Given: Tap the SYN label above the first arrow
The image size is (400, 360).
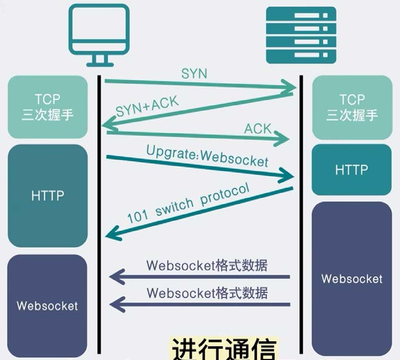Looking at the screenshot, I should pos(195,74).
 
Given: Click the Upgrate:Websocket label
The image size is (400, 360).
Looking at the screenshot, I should pos(207,156).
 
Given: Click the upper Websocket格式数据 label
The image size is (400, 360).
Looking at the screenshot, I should pos(207,265).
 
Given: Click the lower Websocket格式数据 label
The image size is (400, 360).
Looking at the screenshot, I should pos(207,293).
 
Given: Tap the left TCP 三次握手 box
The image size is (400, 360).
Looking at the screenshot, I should pos(48,108).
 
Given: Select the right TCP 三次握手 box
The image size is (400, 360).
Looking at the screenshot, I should pos(352,108).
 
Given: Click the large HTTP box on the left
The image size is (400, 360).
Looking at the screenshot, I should pos(48,195).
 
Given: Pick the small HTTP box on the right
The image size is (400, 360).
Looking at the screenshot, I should pos(352,170).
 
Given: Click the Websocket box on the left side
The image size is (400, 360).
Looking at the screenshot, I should pos(48,306).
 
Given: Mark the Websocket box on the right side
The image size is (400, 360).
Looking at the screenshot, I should pos(352,278).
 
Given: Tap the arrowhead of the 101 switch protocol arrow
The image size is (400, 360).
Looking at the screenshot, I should pos(113,231).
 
